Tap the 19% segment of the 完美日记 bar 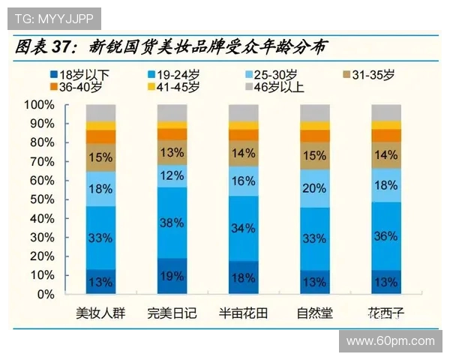(172, 276)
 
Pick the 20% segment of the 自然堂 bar (315, 187)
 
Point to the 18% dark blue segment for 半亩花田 (244, 278)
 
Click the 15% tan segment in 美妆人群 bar (101, 157)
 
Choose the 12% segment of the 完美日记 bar (172, 175)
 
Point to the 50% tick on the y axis (41, 199)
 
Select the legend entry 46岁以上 (276, 87)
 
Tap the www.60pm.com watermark (390, 341)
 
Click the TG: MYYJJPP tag (54, 18)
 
